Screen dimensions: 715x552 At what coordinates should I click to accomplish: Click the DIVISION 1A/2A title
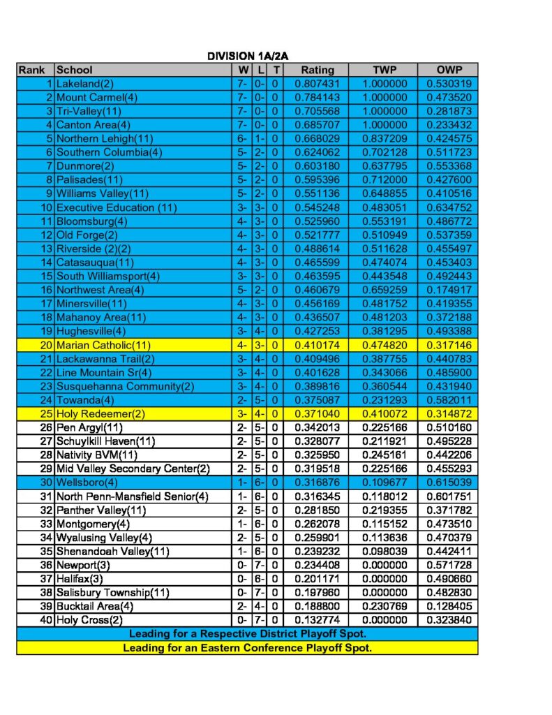click(x=248, y=56)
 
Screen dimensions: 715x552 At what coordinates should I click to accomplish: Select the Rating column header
click(x=318, y=70)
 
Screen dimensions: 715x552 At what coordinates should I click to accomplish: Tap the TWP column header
click(x=384, y=70)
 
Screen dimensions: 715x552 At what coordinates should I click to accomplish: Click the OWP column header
click(x=447, y=70)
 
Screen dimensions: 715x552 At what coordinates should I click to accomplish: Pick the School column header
click(x=74, y=70)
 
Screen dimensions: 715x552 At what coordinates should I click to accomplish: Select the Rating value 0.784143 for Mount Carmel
click(x=318, y=98)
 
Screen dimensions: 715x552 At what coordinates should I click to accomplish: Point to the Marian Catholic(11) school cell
click(x=103, y=345)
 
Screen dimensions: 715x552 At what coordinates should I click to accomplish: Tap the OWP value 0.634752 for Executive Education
click(x=447, y=207)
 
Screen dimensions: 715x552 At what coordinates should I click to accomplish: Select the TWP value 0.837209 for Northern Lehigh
click(x=384, y=139)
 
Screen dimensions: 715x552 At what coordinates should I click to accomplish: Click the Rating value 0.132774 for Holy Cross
click(x=318, y=620)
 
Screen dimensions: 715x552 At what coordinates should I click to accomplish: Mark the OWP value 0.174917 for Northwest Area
click(x=447, y=290)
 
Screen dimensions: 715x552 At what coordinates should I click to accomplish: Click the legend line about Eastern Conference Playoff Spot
click(x=248, y=648)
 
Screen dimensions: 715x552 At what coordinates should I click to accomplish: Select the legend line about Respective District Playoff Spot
click(x=248, y=634)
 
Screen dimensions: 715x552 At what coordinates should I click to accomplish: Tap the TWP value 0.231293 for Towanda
click(x=384, y=400)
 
